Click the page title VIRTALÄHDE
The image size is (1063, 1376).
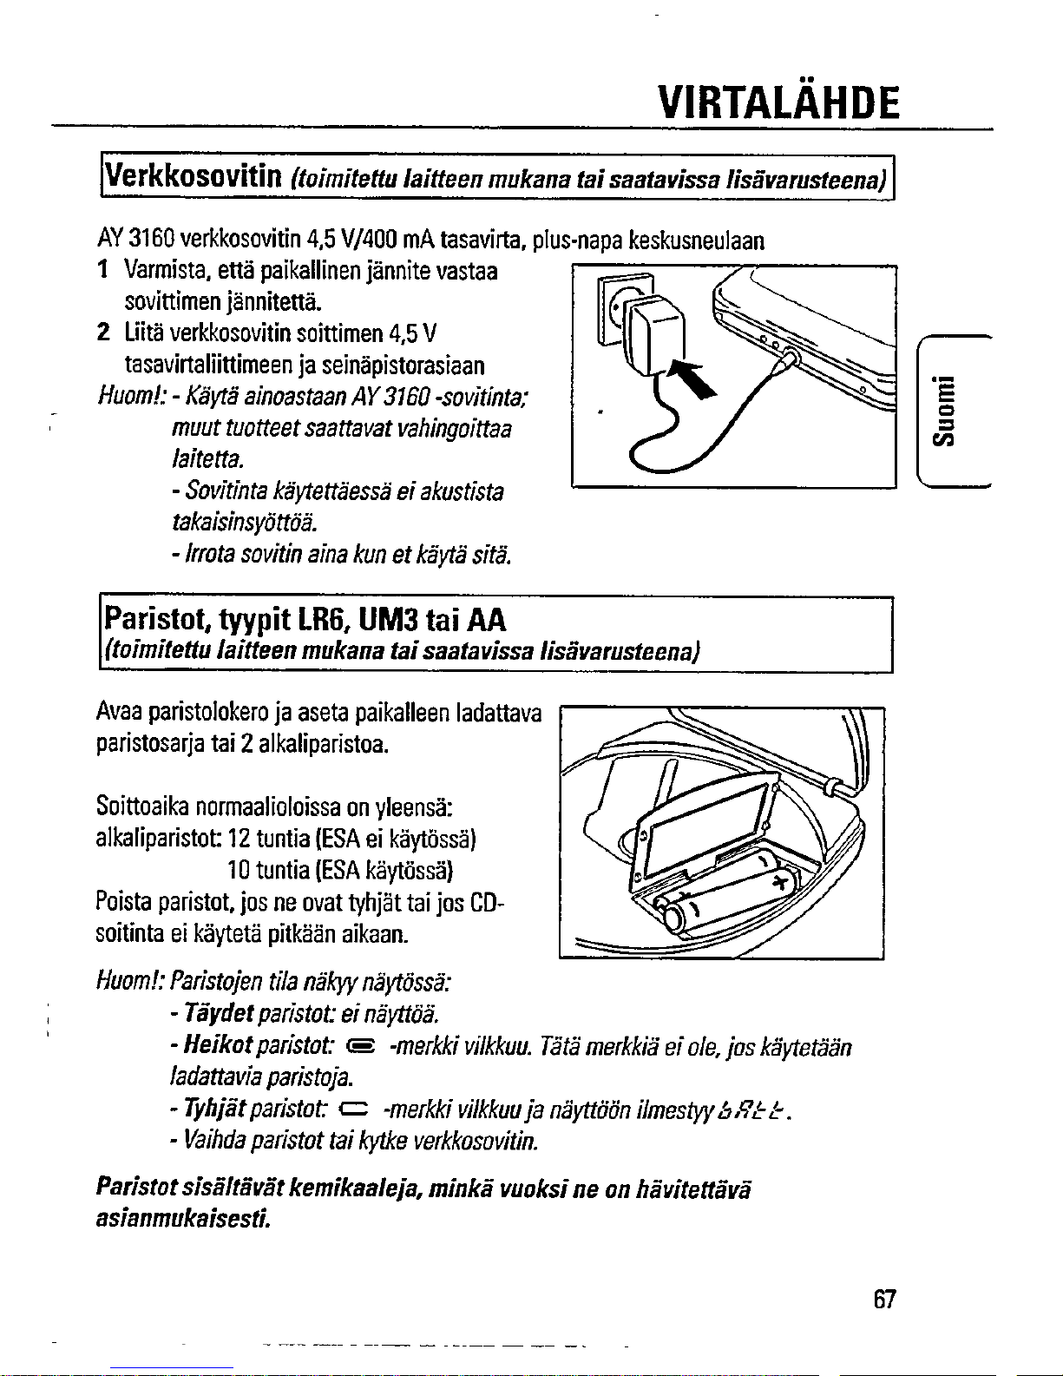778,102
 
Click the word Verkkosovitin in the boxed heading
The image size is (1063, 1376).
192,178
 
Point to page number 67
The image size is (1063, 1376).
883,1300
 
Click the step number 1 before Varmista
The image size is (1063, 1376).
104,272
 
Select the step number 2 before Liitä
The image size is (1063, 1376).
104,332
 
